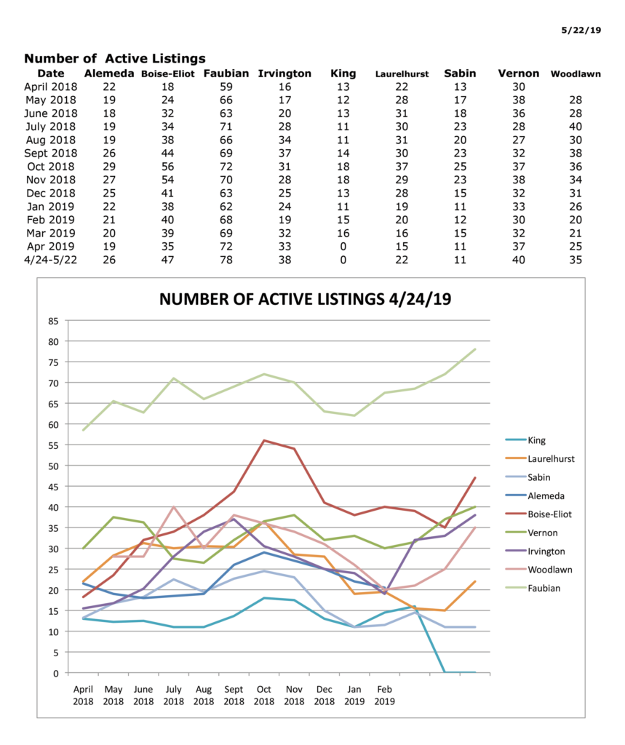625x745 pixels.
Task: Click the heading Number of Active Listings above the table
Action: point(115,58)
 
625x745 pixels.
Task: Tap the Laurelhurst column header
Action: point(402,74)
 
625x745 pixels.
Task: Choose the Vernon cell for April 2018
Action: point(518,87)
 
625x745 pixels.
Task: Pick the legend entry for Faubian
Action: point(544,589)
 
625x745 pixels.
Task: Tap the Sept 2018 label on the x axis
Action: point(234,696)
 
